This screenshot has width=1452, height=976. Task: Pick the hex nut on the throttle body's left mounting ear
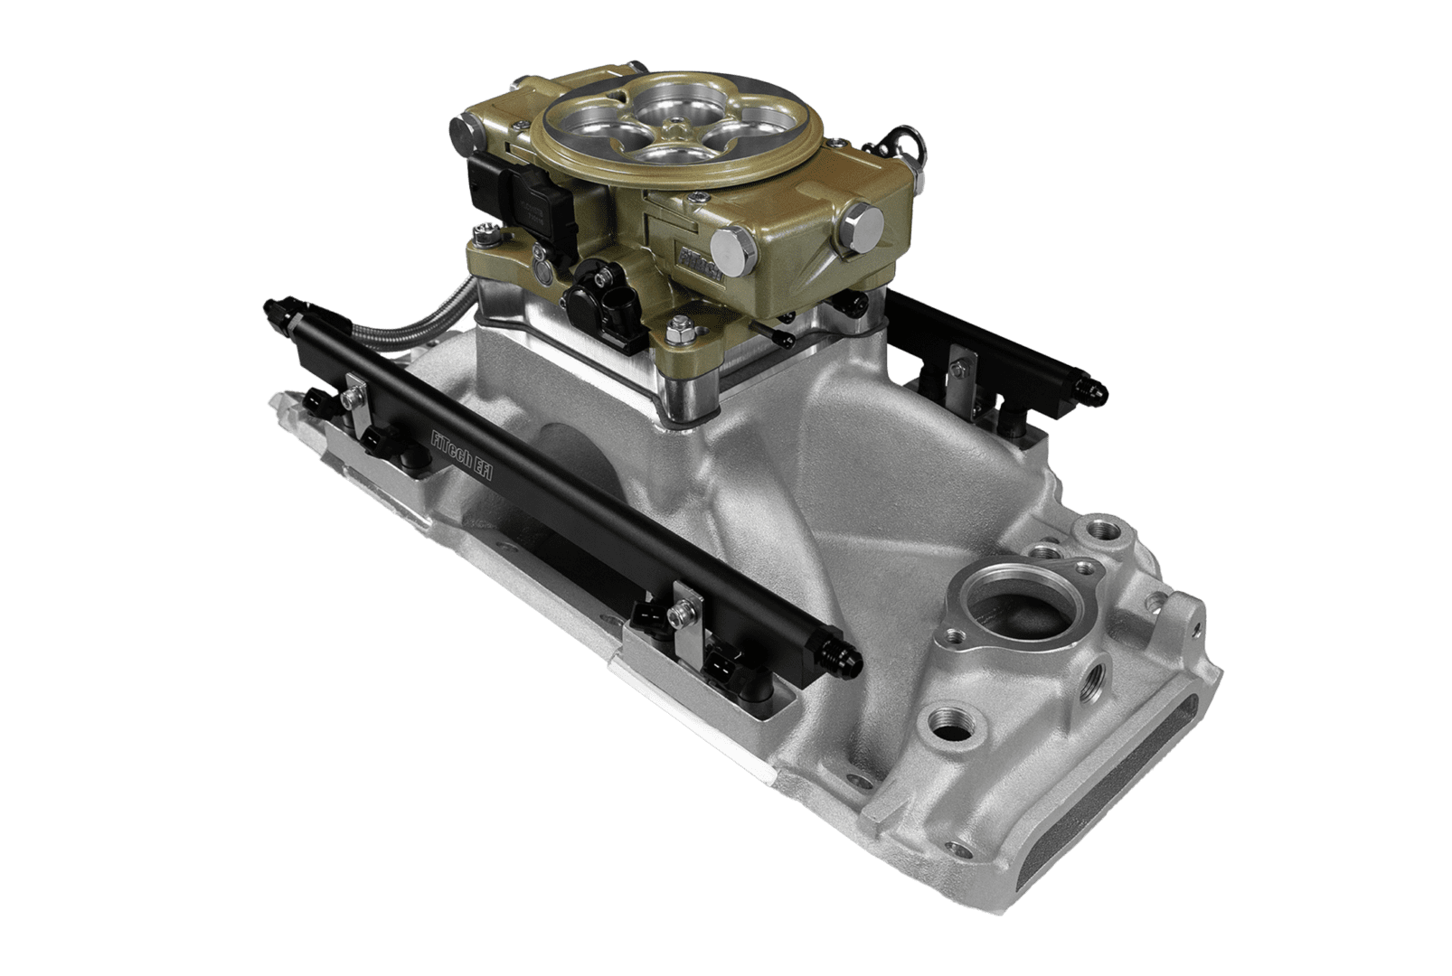tap(489, 239)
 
